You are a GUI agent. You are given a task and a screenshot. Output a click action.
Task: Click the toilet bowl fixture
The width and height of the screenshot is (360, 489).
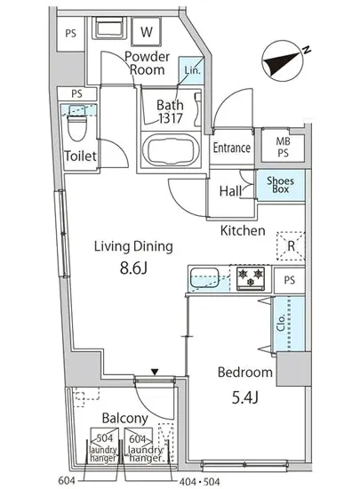[x=76, y=124]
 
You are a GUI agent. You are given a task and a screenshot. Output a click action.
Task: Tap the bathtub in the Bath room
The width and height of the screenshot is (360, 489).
[x=171, y=150]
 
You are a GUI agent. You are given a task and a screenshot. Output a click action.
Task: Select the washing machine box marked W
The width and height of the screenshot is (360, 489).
[x=146, y=31]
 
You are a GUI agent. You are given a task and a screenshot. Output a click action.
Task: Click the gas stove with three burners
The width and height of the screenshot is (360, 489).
[x=251, y=278]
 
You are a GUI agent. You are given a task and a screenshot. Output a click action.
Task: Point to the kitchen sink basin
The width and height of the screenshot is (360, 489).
[x=204, y=278]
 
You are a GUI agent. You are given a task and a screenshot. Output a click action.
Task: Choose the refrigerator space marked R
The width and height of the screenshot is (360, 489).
[x=291, y=246]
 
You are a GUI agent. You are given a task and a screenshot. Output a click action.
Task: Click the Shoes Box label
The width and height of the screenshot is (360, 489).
[x=280, y=185]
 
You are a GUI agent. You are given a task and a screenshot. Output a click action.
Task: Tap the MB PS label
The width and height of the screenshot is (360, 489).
[x=283, y=148]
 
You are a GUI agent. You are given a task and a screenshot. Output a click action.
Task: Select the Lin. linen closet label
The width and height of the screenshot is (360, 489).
[x=192, y=70]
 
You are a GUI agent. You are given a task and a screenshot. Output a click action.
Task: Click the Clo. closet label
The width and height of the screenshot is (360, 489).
[x=281, y=323]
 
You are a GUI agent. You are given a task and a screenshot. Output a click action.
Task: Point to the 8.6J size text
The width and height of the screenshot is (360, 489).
[x=133, y=268]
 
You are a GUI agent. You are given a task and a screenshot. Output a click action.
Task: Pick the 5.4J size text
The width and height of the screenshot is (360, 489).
[x=245, y=397]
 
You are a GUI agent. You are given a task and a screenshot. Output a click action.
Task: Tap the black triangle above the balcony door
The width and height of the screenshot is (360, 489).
[x=155, y=372]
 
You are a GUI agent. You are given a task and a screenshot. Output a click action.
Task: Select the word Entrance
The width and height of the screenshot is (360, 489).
[x=232, y=148]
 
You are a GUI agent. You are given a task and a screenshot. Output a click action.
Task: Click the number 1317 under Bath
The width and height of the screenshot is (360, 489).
[x=170, y=118]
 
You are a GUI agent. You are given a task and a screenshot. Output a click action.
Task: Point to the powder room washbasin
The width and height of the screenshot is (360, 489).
[x=109, y=28]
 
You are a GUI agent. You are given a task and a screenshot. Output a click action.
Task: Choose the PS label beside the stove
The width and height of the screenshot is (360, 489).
[x=289, y=280]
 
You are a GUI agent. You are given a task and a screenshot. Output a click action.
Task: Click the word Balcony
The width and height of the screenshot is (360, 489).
[x=125, y=419]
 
